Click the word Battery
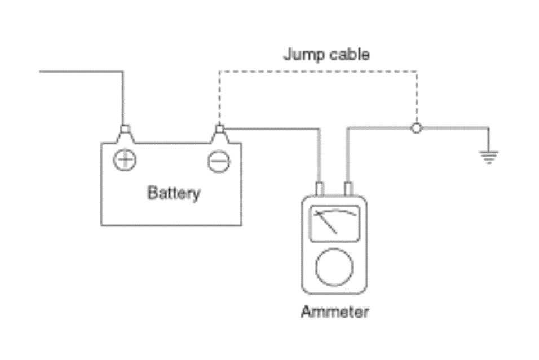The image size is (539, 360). coord(174,193)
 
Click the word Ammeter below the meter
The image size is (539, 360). coord(335,312)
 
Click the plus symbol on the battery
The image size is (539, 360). coord(125,160)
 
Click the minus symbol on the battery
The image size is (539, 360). coord(219,161)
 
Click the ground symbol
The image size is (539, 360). coord(489,157)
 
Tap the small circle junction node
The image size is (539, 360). coord(416,128)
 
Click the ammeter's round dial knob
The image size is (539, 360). coord(334,267)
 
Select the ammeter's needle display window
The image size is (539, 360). coord(335,224)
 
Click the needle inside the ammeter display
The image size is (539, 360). coord(325,223)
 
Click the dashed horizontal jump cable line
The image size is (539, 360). coord(319,72)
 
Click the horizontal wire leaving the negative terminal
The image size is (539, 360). coord(272,129)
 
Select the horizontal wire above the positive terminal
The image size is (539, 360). coord(81,72)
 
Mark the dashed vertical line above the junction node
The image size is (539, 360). coord(417,97)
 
